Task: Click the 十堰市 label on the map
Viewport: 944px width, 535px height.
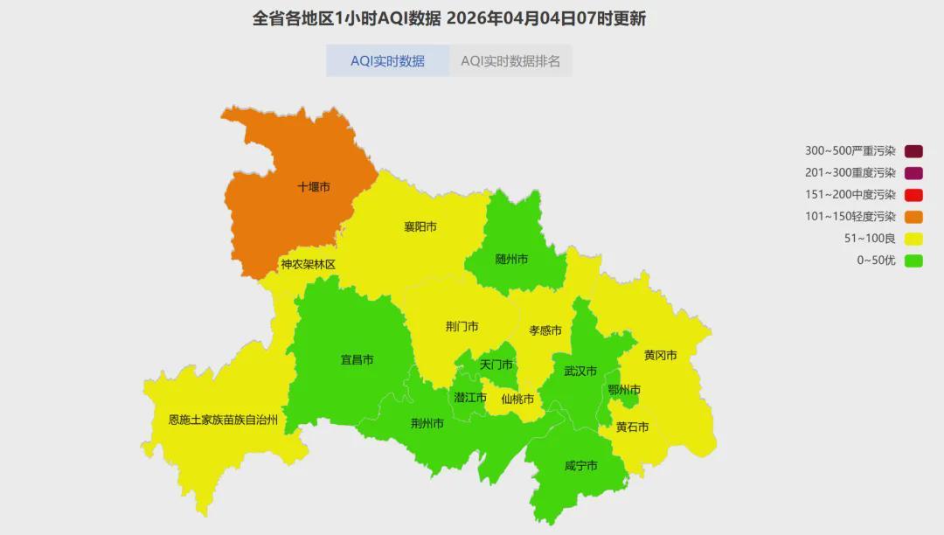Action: pyautogui.click(x=314, y=187)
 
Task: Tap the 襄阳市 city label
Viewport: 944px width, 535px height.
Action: pyautogui.click(x=420, y=227)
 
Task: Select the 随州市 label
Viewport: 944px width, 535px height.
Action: pyautogui.click(x=511, y=260)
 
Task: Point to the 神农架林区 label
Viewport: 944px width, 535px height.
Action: pyautogui.click(x=308, y=264)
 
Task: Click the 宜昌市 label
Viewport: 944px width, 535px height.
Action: pyautogui.click(x=357, y=360)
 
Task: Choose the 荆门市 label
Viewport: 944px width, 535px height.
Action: pyautogui.click(x=462, y=327)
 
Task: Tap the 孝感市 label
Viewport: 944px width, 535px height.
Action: pyautogui.click(x=545, y=330)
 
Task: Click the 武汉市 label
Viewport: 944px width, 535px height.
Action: pyautogui.click(x=580, y=372)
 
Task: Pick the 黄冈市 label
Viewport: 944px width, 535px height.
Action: pyautogui.click(x=661, y=356)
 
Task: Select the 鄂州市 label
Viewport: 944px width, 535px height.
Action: pyautogui.click(x=624, y=390)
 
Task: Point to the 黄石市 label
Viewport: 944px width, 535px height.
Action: pyautogui.click(x=632, y=427)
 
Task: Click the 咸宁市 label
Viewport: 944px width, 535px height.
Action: pyautogui.click(x=580, y=466)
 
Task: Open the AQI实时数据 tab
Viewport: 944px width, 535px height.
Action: pyautogui.click(x=387, y=61)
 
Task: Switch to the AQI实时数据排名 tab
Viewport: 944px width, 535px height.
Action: pyautogui.click(x=510, y=61)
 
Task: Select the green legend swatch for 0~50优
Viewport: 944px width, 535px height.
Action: pyautogui.click(x=914, y=261)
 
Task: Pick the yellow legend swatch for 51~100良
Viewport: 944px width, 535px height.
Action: pyautogui.click(x=914, y=239)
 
